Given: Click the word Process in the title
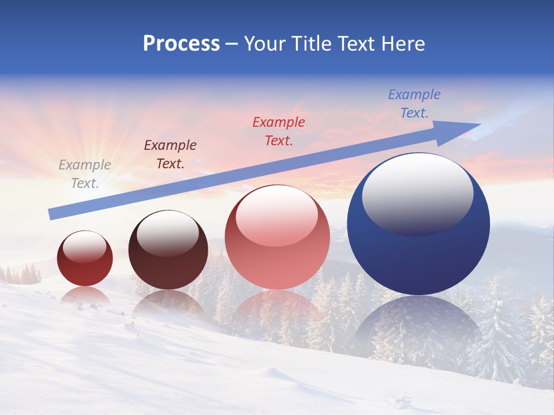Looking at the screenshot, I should click(x=181, y=44).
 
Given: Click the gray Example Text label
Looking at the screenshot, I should click(x=85, y=174).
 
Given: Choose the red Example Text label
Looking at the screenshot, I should click(x=279, y=131).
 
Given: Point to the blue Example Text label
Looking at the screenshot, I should click(x=414, y=104).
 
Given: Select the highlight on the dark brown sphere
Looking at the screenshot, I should click(x=167, y=232).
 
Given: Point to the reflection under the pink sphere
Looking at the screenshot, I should click(x=277, y=314).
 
